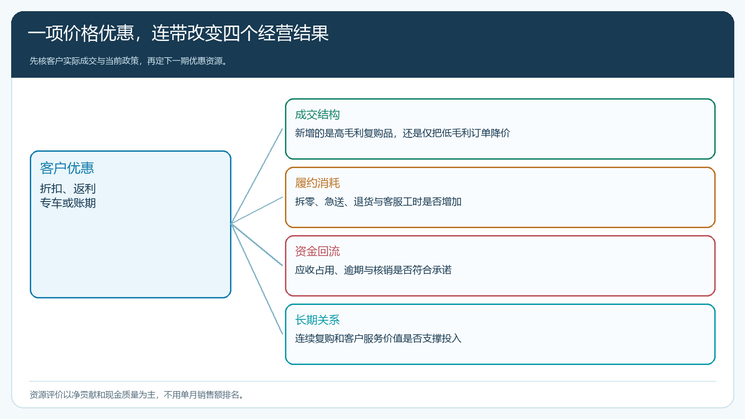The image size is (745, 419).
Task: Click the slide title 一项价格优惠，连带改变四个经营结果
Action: [178, 33]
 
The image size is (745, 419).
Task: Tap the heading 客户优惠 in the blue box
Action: [67, 168]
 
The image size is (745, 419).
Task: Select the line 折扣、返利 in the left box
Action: [68, 189]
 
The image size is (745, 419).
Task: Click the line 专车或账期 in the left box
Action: [68, 203]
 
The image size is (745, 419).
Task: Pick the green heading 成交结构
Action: [317, 115]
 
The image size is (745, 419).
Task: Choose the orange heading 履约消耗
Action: [317, 183]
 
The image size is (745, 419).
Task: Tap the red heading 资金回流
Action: [317, 251]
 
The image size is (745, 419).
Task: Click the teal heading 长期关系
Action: [317, 320]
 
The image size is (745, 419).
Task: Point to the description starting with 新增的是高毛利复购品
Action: [402, 133]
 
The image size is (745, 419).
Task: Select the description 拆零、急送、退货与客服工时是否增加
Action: [378, 202]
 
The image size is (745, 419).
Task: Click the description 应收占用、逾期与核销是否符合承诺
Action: [373, 270]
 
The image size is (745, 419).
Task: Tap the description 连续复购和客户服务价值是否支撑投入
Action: [378, 338]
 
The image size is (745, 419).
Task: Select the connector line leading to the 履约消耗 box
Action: [257, 210]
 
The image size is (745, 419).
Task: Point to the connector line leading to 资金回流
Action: [257, 245]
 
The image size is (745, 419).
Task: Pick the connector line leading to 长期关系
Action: [257, 279]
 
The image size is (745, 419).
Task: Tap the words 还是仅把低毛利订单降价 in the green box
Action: [456, 133]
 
